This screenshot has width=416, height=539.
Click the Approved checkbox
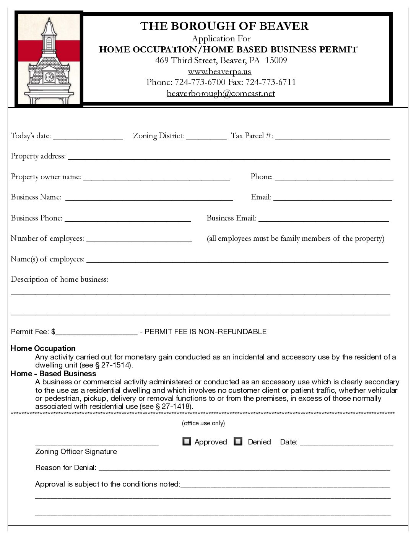(187, 441)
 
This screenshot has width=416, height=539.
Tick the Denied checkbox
(238, 441)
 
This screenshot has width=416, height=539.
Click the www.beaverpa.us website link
(219, 72)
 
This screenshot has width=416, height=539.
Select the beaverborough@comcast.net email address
(221, 93)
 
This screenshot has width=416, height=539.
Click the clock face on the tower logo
(49, 77)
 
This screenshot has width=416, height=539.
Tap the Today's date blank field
(88, 137)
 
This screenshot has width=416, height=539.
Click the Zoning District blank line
(206, 137)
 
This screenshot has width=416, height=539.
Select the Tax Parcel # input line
(332, 137)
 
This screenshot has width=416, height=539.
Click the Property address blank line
(229, 157)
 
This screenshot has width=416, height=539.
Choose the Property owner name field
(157, 178)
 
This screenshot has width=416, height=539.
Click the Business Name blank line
(149, 198)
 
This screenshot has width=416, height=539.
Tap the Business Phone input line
(128, 219)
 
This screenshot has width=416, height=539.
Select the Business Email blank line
(324, 219)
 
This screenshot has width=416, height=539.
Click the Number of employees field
(139, 239)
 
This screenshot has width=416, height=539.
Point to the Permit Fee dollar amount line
(96, 332)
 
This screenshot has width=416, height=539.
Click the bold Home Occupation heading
(43, 348)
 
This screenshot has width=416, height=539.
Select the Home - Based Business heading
(54, 374)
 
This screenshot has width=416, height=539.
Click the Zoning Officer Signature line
(97, 443)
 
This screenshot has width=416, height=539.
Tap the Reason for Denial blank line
(244, 468)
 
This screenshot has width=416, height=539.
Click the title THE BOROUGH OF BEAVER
(224, 26)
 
